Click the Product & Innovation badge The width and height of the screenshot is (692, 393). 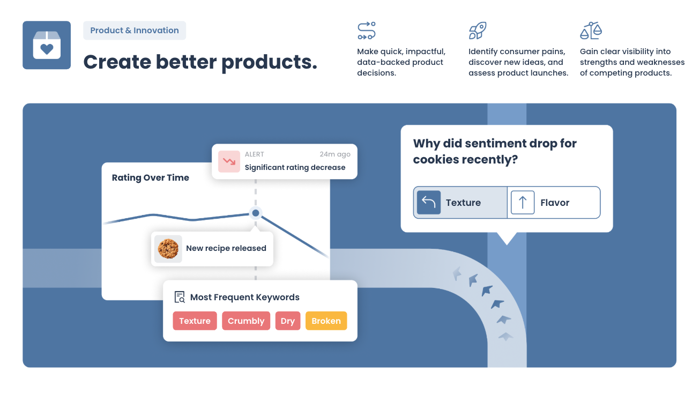click(x=135, y=30)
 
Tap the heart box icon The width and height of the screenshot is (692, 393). click(x=47, y=45)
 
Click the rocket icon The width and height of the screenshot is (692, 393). click(x=478, y=31)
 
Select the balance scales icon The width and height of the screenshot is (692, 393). click(x=591, y=31)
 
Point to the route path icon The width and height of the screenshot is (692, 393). click(x=367, y=31)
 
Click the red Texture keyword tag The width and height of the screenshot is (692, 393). click(x=195, y=321)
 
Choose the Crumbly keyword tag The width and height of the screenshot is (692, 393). click(x=246, y=321)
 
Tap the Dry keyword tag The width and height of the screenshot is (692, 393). click(x=288, y=321)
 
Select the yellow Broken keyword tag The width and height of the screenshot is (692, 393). click(x=326, y=321)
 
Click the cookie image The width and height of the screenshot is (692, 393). click(x=168, y=249)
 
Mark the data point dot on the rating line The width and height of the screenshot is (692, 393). click(x=256, y=213)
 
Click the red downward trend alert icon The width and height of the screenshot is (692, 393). click(x=229, y=161)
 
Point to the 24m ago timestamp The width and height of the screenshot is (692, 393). click(x=335, y=154)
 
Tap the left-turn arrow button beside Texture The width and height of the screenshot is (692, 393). click(x=428, y=202)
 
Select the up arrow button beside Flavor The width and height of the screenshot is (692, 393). click(x=523, y=202)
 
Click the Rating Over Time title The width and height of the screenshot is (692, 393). click(x=151, y=177)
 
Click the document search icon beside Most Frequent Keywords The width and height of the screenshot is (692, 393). click(x=180, y=297)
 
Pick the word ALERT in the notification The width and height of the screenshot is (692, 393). click(x=254, y=154)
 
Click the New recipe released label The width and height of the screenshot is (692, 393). click(x=226, y=248)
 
